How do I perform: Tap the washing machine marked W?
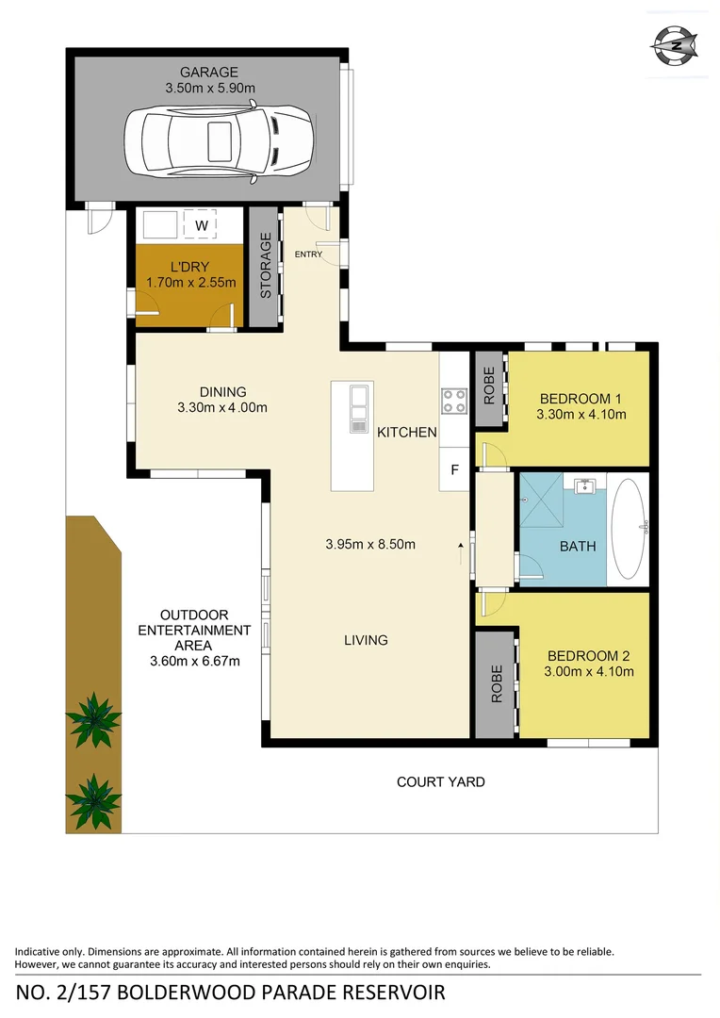coord(201,225)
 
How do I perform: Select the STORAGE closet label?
coord(266,267)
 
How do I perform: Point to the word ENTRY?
coord(308,254)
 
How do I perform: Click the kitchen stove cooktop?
coord(453,401)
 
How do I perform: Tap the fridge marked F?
coord(453,469)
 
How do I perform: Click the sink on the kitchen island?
coord(358,409)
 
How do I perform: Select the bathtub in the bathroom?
coord(630,528)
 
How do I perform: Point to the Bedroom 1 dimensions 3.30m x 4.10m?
coord(581,413)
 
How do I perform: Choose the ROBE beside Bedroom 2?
coord(495,684)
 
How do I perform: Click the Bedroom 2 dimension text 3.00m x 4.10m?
coord(589,672)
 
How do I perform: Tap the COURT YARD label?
coord(440,781)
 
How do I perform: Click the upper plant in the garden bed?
coord(93,720)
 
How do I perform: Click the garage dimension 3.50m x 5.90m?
coord(209,88)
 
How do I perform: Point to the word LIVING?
coord(366,640)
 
